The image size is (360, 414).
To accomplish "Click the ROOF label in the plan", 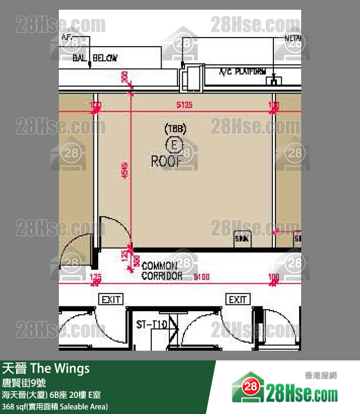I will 167,161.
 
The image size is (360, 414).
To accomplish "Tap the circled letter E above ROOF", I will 174,145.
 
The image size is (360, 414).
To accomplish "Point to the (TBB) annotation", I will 175,129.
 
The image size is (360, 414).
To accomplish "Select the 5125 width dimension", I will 184,105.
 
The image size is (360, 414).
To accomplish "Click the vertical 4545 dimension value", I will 125,170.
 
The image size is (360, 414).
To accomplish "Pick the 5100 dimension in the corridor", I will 201,277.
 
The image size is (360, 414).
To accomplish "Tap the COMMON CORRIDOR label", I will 162,271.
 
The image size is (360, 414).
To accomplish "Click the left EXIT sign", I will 111,299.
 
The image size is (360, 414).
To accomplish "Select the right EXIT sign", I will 237,299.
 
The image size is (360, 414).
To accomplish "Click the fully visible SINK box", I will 242,239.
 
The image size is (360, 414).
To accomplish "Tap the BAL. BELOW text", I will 95,58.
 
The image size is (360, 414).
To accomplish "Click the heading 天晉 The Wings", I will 46,368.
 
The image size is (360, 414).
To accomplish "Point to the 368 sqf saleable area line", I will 55,406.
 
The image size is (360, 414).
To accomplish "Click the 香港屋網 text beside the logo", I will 320,376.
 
